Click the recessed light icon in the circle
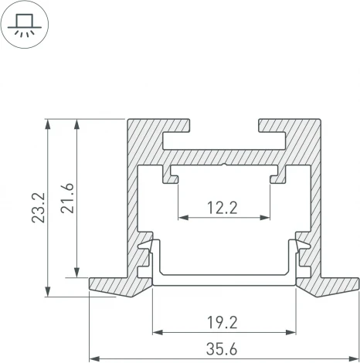25,26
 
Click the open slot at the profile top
225,125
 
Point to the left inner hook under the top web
169,177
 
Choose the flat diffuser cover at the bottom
225,279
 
